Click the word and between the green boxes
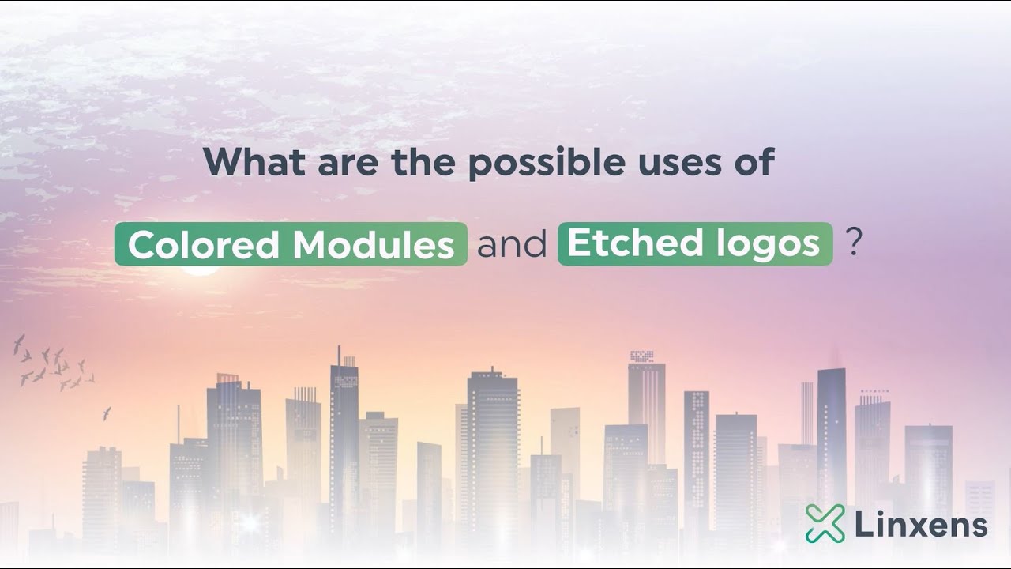click(x=512, y=245)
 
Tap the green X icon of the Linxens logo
click(x=825, y=523)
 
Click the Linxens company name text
click(x=921, y=525)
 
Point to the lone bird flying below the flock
click(x=107, y=413)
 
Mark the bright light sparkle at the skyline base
click(x=250, y=522)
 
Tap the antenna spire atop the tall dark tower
click(x=339, y=353)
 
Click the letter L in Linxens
click(x=863, y=525)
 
